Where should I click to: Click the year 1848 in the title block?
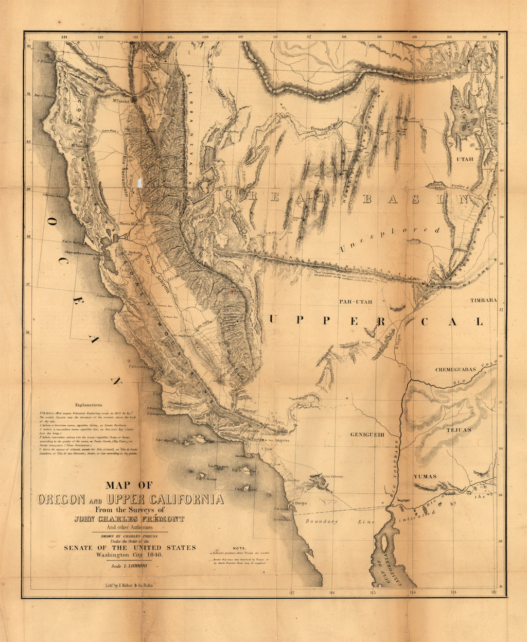pyautogui.click(x=153, y=555)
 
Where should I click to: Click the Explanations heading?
pyautogui.click(x=89, y=405)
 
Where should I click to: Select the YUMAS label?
pyautogui.click(x=425, y=476)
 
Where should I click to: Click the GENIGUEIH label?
pyautogui.click(x=367, y=435)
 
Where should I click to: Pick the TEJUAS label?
pyautogui.click(x=459, y=429)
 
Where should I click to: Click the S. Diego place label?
pyautogui.click(x=300, y=502)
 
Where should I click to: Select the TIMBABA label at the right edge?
pyautogui.click(x=483, y=300)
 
